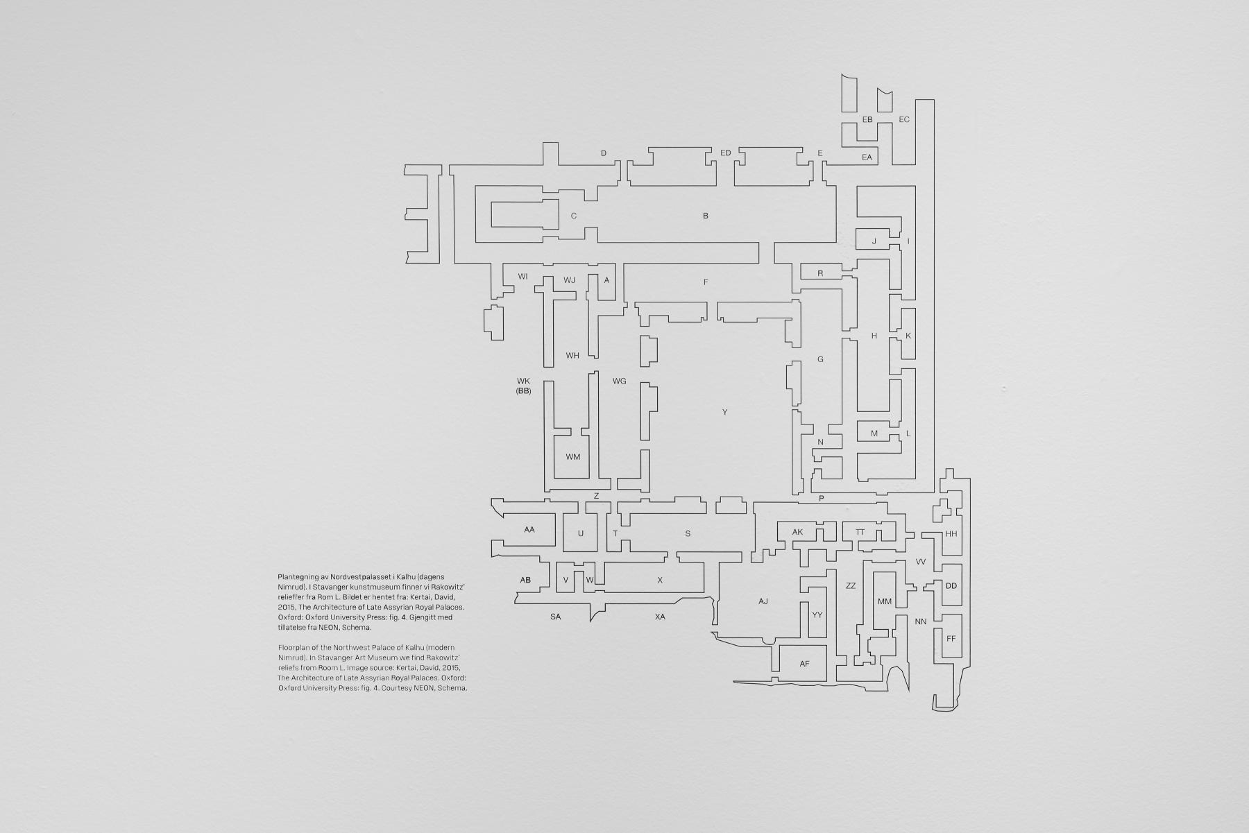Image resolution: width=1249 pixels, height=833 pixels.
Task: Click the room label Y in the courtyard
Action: coord(724,412)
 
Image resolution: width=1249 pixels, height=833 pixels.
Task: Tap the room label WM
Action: coord(572,457)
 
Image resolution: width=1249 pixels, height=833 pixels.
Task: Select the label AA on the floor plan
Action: coord(529,530)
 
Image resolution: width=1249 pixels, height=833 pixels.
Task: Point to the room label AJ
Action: coord(763,601)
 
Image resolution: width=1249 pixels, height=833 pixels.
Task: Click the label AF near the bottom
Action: coord(804,664)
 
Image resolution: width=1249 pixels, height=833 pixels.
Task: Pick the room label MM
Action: coord(884,601)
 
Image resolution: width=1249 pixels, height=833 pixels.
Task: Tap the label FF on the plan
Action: coord(951,638)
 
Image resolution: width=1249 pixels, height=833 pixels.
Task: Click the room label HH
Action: coord(951,534)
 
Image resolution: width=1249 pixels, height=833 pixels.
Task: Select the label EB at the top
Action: coord(867,120)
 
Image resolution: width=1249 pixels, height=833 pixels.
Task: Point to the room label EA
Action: coord(867,157)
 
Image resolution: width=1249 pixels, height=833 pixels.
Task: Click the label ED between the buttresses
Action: coord(726,153)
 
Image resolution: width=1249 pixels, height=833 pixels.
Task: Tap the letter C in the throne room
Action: coord(574,216)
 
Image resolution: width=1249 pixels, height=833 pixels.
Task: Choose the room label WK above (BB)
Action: coord(523,381)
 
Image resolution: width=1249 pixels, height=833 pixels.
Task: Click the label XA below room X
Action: coord(660,617)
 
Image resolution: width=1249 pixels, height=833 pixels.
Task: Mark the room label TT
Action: coord(860,532)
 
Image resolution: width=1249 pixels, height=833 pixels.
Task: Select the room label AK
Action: coord(797,532)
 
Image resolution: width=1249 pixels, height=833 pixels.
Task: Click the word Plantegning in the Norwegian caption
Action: coord(298,577)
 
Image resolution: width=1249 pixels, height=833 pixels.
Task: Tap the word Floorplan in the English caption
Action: coord(294,647)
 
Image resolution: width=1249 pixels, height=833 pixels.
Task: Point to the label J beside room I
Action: coord(874,241)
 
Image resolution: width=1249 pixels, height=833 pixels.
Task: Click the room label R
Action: coord(820,274)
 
